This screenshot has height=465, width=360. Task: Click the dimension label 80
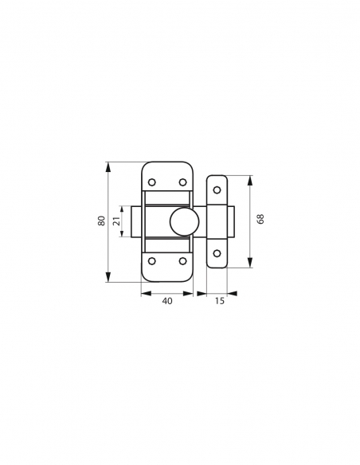[101, 221]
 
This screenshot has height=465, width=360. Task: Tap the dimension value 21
[116, 221]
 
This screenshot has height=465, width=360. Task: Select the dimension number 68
[260, 219]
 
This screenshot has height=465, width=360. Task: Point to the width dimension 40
[167, 301]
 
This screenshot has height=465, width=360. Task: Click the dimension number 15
[220, 301]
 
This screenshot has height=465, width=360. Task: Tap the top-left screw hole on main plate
[152, 182]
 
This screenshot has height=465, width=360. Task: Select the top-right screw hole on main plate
[183, 182]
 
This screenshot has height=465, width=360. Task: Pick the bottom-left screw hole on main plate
[152, 261]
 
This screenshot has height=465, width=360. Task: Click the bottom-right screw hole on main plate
[183, 261]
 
